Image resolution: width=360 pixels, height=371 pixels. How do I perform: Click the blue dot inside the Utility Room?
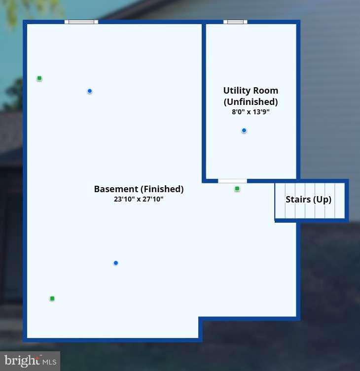pos(244,131)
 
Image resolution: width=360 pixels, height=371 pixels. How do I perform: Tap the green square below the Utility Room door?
pos(237,189)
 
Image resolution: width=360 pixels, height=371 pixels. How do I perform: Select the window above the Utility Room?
pos(235,22)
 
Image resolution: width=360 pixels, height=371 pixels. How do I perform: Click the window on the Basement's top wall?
pos(81,22)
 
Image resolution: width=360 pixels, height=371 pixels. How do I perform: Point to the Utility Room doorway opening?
pos(232,181)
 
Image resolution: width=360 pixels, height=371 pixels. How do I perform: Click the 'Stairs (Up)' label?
pos(308,200)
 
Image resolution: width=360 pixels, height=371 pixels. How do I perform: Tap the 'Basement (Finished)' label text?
pos(139,189)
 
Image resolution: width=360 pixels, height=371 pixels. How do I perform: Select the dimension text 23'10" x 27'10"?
pos(139,199)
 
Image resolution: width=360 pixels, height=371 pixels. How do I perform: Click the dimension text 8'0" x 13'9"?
pos(251,112)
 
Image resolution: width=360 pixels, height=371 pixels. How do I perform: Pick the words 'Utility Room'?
pos(251,91)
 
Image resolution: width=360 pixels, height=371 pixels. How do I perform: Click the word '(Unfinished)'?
pos(251,101)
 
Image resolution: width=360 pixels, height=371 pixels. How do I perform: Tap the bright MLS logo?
pos(30,361)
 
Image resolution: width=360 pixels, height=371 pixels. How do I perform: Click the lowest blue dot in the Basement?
pos(116,263)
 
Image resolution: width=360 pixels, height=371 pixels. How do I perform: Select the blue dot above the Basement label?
pos(90,91)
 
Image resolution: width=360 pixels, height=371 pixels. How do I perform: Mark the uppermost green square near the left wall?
pos(39,78)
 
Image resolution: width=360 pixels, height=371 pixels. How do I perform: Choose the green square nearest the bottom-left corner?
pos(52,299)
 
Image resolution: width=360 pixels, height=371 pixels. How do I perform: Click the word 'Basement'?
pos(116,189)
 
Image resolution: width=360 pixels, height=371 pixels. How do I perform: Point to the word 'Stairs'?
pos(298,200)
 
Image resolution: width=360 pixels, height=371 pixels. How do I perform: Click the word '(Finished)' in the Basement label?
pos(162,189)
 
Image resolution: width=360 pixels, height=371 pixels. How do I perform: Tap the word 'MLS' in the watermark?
pos(49,362)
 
